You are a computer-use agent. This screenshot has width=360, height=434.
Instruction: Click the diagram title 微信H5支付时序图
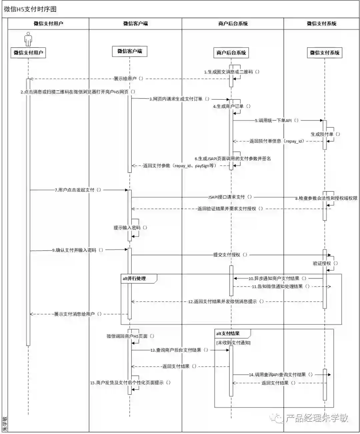tap(30, 9)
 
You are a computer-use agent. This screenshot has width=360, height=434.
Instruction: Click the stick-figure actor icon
tap(28, 39)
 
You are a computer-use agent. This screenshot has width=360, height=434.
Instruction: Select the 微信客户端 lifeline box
tap(130, 51)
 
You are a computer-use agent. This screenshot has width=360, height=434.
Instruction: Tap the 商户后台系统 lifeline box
tap(231, 53)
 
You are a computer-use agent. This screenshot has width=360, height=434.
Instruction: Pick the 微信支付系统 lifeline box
tap(324, 53)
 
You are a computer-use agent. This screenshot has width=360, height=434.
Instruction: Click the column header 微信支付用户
tap(48, 24)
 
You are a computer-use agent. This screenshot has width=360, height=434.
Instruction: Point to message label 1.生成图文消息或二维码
tap(231, 72)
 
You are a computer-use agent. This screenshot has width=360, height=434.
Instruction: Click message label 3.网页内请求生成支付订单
tap(179, 99)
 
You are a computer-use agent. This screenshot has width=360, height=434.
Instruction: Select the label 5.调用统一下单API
tap(277, 121)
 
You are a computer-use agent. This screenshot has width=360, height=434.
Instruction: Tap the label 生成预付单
tap(325, 134)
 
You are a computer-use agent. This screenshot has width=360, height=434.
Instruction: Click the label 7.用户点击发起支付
tap(78, 190)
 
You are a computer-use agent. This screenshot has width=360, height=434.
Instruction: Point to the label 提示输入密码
tap(130, 228)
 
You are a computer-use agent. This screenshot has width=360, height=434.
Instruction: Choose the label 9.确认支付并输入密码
tap(78, 250)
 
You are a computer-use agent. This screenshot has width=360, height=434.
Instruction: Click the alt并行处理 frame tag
tap(135, 278)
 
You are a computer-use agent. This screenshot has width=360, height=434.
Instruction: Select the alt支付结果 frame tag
tap(228, 333)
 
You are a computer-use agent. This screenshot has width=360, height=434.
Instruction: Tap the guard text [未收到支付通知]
tap(233, 343)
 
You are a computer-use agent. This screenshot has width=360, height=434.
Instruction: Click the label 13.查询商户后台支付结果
tap(179, 350)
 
